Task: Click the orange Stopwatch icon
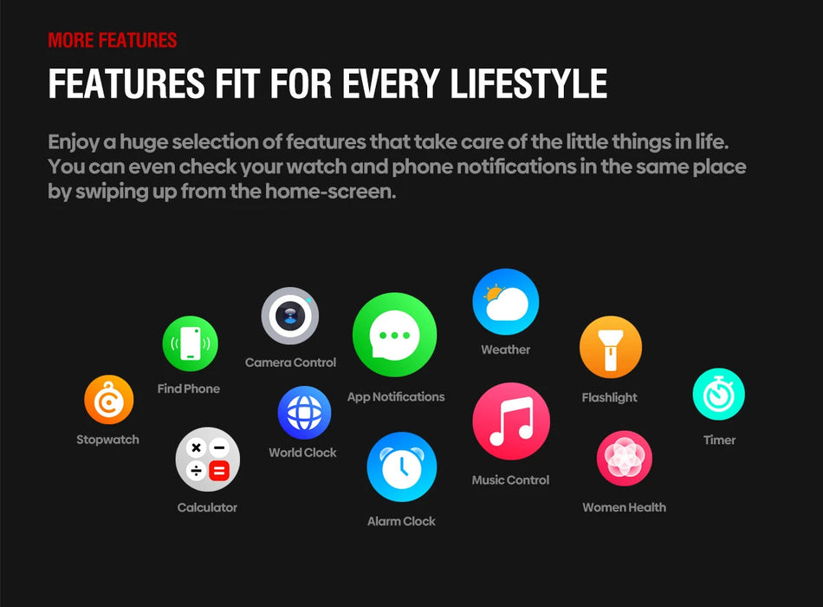[x=108, y=400]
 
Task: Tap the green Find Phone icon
[x=190, y=344]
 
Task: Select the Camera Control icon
[x=290, y=316]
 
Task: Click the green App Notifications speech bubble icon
[x=394, y=335]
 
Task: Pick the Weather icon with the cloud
[x=506, y=302]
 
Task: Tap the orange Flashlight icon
[x=610, y=347]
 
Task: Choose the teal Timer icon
[x=718, y=395]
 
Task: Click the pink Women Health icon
[x=624, y=459]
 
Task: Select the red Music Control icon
[x=511, y=421]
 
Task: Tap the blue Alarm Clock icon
[x=401, y=467]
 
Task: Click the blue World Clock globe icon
[x=304, y=413]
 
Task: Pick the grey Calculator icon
[x=207, y=460]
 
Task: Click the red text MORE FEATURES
[x=113, y=40]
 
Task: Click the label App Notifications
[x=395, y=397]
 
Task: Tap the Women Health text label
[x=624, y=507]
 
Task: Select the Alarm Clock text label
[x=401, y=521]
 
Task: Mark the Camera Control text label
[x=290, y=362]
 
